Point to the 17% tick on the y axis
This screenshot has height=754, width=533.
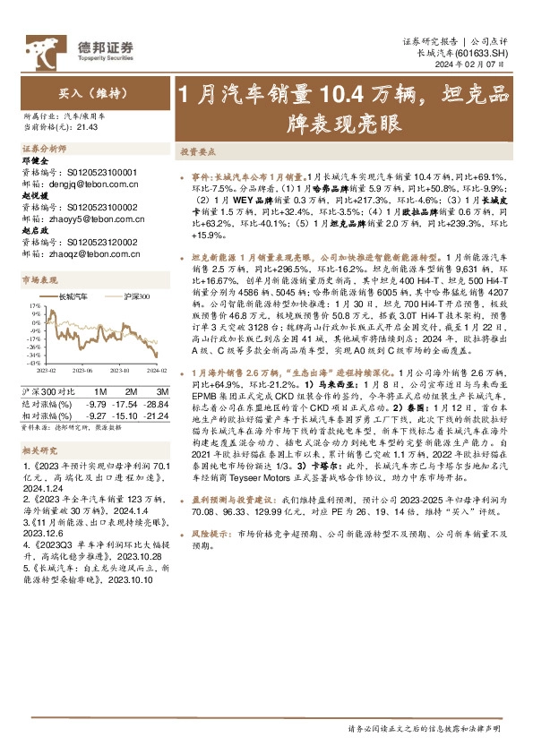click(x=35, y=306)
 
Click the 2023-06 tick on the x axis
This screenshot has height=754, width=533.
click(x=83, y=369)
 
